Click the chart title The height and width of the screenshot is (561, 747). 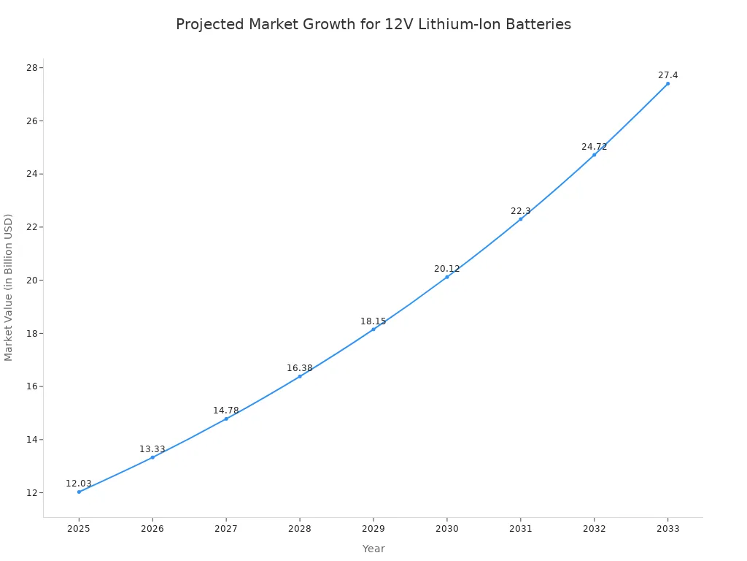tap(373, 24)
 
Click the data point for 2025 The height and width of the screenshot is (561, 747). tap(79, 492)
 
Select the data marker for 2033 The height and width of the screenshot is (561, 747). tap(667, 83)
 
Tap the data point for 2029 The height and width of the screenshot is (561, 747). tap(373, 329)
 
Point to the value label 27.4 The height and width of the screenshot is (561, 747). tap(667, 75)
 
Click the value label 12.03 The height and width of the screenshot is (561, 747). tap(79, 484)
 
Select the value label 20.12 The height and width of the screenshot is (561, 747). tap(447, 269)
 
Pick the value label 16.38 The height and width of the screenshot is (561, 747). tap(299, 368)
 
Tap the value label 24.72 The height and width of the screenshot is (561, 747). tap(594, 147)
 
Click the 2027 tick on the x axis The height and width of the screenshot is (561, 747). tap(226, 529)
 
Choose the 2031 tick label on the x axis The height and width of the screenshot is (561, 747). tap(520, 529)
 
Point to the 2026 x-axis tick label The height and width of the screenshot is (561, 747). tap(152, 529)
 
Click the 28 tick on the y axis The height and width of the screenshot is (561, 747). tap(31, 68)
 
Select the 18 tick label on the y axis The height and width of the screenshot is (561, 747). tap(31, 334)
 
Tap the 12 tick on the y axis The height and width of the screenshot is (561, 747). tap(31, 493)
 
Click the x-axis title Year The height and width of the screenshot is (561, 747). tap(373, 549)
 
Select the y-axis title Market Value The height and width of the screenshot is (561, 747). tap(9, 287)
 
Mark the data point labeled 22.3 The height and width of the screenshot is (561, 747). tap(520, 219)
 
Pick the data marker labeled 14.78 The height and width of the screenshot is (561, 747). tap(226, 419)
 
